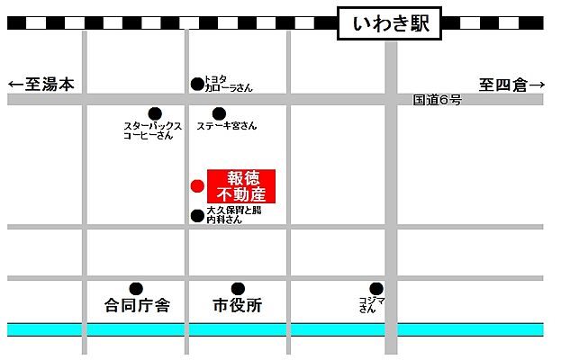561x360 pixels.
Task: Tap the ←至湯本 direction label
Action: click(41, 85)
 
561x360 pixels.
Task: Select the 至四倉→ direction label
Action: click(511, 85)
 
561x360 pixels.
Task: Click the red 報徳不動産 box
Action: click(241, 186)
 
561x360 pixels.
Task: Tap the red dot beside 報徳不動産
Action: click(197, 186)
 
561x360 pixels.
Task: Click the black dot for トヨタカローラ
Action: click(197, 84)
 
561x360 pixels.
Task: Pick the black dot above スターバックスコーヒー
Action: click(155, 113)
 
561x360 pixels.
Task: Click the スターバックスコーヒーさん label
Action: click(153, 130)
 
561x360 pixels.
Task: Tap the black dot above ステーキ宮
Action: click(219, 113)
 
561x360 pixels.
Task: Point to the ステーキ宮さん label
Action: click(227, 126)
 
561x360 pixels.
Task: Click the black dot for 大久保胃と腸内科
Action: click(197, 215)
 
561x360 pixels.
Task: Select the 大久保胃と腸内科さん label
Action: click(233, 214)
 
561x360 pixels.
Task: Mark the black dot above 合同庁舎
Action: click(136, 288)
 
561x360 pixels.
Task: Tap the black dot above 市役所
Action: click(238, 288)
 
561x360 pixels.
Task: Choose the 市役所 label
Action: click(238, 306)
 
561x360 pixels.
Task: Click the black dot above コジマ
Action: click(376, 288)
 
